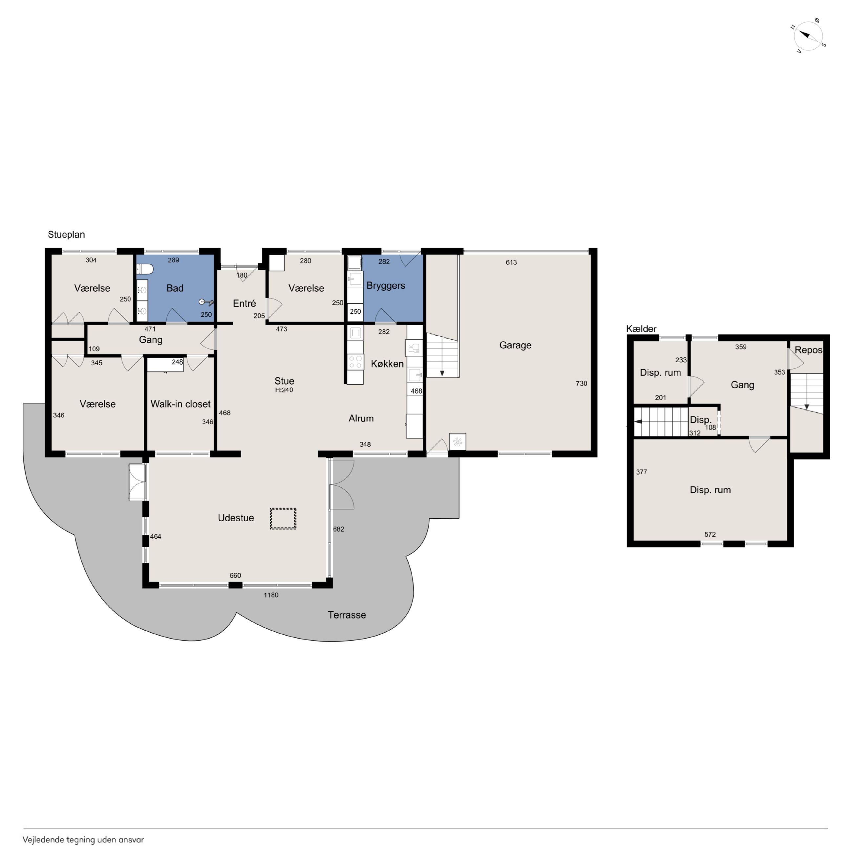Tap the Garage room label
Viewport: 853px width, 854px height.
515,345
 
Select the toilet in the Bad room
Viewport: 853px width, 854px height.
144,269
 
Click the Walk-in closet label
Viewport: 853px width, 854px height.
180,404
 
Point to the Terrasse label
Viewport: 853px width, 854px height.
347,615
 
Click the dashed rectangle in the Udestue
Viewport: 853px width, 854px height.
283,519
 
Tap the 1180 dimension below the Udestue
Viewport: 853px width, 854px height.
271,595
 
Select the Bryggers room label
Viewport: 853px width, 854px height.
386,285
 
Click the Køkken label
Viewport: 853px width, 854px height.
387,364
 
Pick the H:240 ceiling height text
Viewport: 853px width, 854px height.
284,390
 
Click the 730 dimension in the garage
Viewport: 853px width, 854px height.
581,384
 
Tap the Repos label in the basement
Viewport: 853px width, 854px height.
808,350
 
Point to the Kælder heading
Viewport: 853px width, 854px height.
641,329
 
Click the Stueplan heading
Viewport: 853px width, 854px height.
66,235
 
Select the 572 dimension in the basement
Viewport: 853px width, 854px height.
710,534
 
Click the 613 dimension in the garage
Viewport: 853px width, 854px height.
511,262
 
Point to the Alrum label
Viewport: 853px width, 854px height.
361,418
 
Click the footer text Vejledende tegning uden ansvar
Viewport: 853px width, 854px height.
83,840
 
